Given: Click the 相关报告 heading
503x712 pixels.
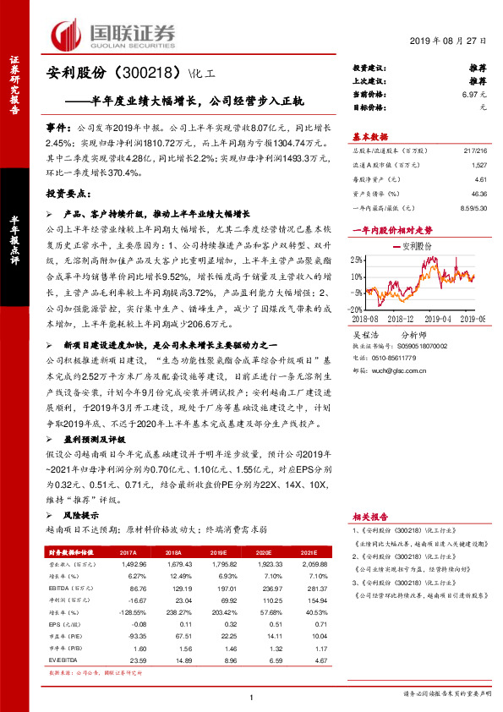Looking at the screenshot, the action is coord(369,516).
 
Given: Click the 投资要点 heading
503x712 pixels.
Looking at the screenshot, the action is coord(69,193).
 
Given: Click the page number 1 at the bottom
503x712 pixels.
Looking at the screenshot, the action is coord(252,696).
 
